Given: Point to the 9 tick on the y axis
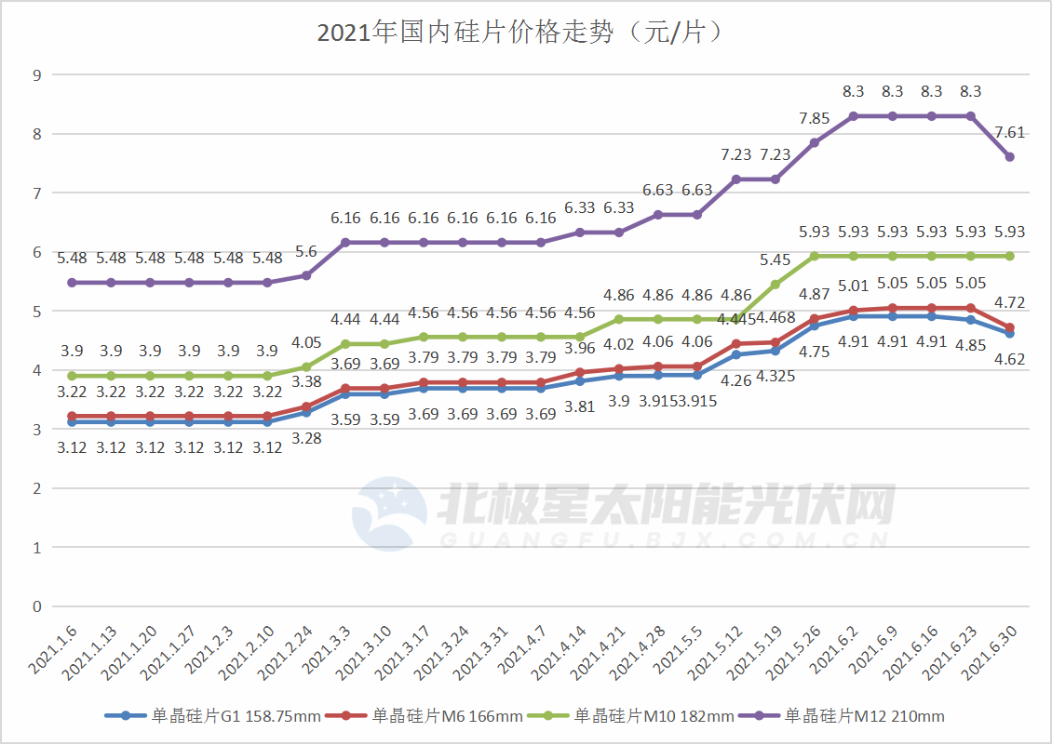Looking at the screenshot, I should tap(37, 74).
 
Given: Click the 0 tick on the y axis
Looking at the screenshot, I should tap(37, 607).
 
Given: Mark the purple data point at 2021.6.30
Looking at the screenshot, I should tap(1009, 157).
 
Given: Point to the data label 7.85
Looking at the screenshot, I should tap(815, 117).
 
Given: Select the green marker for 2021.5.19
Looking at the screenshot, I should tap(775, 285).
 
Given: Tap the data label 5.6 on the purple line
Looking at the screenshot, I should tap(306, 251).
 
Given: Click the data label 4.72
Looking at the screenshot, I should tap(1009, 302).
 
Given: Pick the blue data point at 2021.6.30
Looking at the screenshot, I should tap(1009, 333).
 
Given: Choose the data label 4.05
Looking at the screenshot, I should tap(306, 342).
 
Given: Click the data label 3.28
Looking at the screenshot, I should tap(306, 437).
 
